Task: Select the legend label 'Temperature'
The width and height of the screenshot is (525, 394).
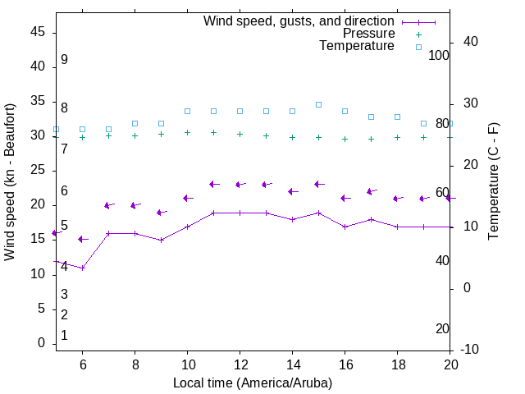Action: point(357,46)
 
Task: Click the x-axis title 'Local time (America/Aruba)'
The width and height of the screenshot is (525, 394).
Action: point(253,383)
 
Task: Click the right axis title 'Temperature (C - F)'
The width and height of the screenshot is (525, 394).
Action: point(493,182)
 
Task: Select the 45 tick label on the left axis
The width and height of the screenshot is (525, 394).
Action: point(37,31)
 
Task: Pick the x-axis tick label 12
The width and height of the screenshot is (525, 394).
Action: point(240,364)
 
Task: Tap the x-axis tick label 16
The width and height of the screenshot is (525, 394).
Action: point(345,364)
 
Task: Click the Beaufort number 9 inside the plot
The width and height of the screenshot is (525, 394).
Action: point(64,60)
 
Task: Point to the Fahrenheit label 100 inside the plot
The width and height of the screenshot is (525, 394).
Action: point(439,55)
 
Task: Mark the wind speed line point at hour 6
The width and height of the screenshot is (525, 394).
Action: point(82,268)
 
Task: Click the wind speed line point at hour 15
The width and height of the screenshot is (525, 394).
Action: point(318,213)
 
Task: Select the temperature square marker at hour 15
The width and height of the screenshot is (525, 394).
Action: point(318,104)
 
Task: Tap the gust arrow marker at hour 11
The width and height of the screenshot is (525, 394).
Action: point(213,184)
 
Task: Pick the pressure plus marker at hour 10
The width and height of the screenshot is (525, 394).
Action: point(187,132)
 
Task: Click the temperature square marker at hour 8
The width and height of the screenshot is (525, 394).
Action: point(135,123)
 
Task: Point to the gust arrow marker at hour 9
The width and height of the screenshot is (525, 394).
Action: point(161,212)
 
